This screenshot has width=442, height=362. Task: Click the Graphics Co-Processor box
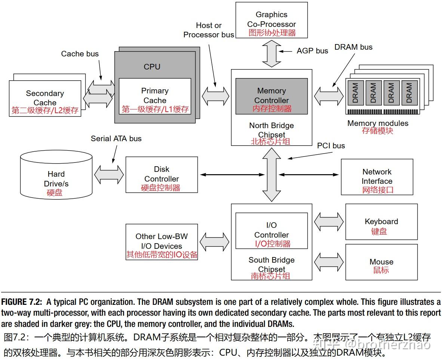pyautogui.click(x=271, y=20)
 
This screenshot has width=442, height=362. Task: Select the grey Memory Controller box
pyautogui.click(x=271, y=96)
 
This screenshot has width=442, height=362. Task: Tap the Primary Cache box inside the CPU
pyautogui.click(x=155, y=96)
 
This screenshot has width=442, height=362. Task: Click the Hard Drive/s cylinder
pyautogui.click(x=56, y=175)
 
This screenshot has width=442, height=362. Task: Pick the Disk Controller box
pyautogui.click(x=162, y=175)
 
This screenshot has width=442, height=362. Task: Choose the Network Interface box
pyautogui.click(x=377, y=177)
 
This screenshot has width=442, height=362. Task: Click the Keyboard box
pyautogui.click(x=381, y=222)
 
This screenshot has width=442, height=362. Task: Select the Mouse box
pyautogui.click(x=381, y=262)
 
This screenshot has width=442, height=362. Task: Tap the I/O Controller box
pyautogui.click(x=271, y=231)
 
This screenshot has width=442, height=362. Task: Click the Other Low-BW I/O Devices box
pyautogui.click(x=162, y=242)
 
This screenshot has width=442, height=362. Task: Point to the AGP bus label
pyautogui.click(x=312, y=51)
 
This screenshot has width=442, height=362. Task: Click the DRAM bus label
pyautogui.click(x=353, y=47)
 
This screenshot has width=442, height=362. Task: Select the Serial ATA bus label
pyautogui.click(x=116, y=139)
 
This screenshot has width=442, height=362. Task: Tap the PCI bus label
pyautogui.click(x=331, y=146)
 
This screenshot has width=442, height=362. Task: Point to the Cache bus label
pyautogui.click(x=80, y=54)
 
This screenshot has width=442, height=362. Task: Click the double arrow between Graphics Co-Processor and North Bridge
pyautogui.click(x=271, y=53)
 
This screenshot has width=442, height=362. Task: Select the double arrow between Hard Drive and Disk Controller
pyautogui.click(x=109, y=175)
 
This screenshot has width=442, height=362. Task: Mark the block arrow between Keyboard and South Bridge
pyautogui.click(x=329, y=222)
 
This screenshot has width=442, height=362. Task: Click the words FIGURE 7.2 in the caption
pyautogui.click(x=22, y=302)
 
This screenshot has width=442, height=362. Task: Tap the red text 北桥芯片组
pyautogui.click(x=270, y=142)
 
